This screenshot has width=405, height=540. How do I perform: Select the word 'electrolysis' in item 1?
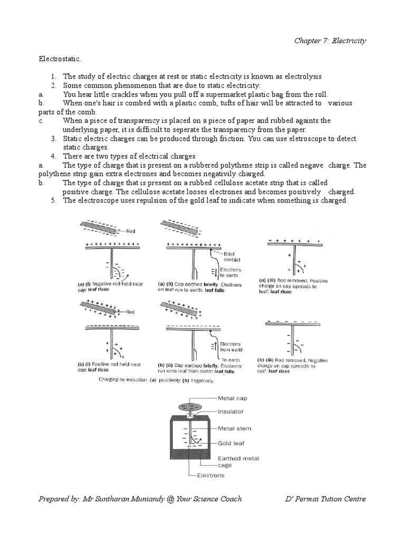coord(300,76)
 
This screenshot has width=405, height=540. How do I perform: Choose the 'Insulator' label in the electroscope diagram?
coord(233,411)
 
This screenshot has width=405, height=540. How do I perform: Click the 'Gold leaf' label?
coord(233,443)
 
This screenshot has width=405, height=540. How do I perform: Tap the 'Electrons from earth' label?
coord(229,346)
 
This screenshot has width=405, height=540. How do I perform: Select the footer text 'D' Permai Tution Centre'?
coord(324,499)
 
